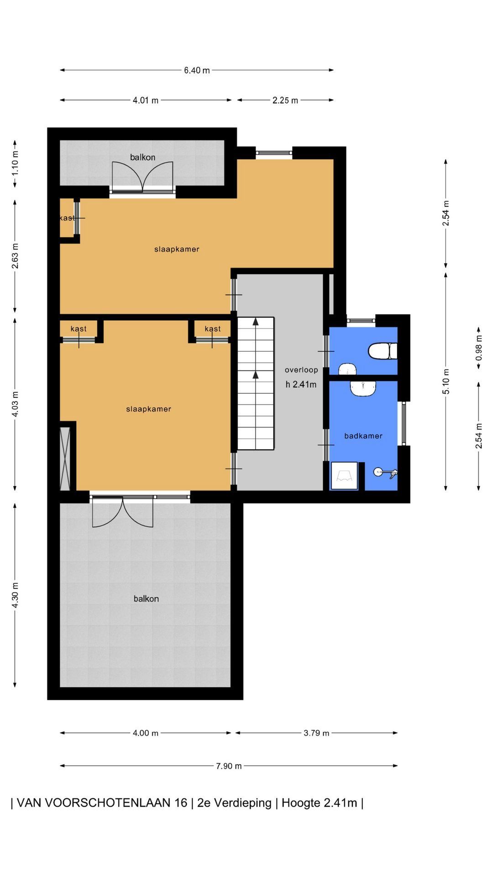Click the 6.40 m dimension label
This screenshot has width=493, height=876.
click(x=197, y=70)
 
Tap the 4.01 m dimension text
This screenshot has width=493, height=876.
click(x=146, y=100)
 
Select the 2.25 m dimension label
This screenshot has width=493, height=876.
click(x=285, y=100)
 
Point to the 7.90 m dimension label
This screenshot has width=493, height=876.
click(x=229, y=766)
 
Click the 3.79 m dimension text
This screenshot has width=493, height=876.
click(x=316, y=733)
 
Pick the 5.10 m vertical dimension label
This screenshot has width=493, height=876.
click(x=446, y=381)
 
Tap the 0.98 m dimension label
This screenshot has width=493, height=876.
click(x=479, y=348)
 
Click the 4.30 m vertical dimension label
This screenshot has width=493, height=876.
click(x=15, y=595)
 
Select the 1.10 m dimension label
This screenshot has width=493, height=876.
click(x=15, y=164)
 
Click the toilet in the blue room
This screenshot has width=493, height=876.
click(x=383, y=351)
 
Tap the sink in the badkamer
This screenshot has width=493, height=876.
click(x=363, y=388)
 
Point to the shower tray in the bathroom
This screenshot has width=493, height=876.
click(x=344, y=476)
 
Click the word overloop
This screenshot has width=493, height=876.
click(x=301, y=370)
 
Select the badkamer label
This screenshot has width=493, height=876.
click(x=363, y=436)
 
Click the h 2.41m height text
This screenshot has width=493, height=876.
click(x=301, y=385)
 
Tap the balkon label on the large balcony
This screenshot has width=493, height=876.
click(x=146, y=599)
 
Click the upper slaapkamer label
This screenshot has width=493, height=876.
click(x=177, y=249)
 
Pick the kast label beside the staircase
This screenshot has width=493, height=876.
click(x=213, y=328)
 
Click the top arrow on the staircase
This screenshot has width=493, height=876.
click(x=256, y=322)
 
